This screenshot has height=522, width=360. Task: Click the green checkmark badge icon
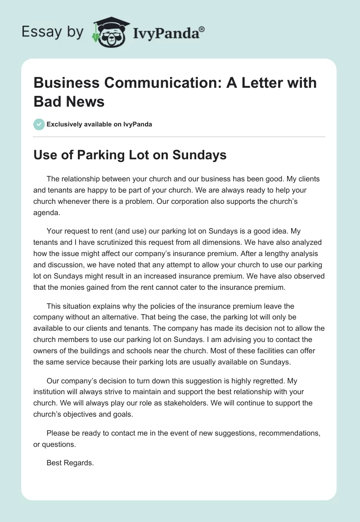(x=39, y=124)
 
